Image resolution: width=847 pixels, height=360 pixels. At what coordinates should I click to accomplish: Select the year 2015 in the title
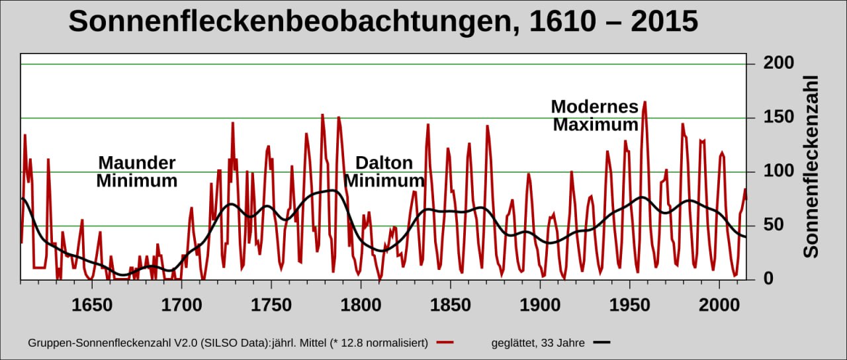(664, 22)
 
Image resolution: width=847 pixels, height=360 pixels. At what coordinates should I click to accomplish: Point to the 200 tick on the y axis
(778, 64)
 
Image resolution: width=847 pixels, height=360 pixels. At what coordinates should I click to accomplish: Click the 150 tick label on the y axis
(778, 118)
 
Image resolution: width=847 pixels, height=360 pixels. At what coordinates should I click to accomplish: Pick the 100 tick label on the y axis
(778, 172)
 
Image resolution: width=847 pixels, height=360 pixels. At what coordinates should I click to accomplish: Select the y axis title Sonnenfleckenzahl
(811, 166)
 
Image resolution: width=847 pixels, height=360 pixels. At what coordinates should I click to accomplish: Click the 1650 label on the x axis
(92, 305)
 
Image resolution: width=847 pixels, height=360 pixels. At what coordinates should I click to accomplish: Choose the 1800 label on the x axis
(361, 305)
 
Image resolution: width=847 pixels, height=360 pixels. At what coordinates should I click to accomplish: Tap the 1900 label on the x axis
(540, 305)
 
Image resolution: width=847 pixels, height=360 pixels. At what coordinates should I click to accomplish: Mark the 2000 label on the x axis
(719, 305)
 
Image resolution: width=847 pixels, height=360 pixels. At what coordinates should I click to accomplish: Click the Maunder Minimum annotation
(137, 171)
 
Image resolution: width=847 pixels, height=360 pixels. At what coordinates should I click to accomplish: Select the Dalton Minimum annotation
(384, 171)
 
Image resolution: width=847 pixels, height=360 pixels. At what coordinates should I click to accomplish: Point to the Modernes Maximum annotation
(595, 115)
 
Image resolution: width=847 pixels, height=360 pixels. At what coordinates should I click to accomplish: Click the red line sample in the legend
(445, 343)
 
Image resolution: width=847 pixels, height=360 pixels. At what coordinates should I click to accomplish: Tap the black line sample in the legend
(602, 343)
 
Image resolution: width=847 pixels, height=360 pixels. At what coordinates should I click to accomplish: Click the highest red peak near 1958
(645, 103)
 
